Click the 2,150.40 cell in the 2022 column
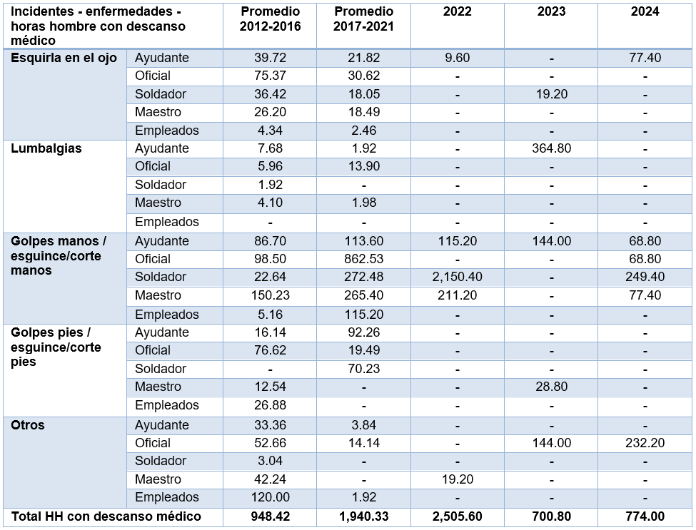pos(457,277)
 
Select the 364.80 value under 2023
pos(551,148)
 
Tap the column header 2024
pos(645,11)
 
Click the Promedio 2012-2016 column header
pos(270,19)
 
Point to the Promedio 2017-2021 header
pos(363,19)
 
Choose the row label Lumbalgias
pos(46,148)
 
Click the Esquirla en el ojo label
pos(64,58)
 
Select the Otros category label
pos(28,425)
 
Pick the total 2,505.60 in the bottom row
pos(457,516)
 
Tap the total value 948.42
pos(270,516)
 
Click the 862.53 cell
pos(363,258)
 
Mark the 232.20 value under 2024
pos(645,443)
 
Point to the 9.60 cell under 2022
pos(457,58)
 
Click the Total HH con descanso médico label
pos(106,516)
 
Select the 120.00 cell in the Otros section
pos(270,497)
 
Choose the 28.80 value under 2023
pos(551,387)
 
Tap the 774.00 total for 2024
pos(645,516)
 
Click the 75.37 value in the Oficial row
pos(270,76)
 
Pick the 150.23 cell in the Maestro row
pos(270,295)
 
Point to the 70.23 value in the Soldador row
pos(363,369)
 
